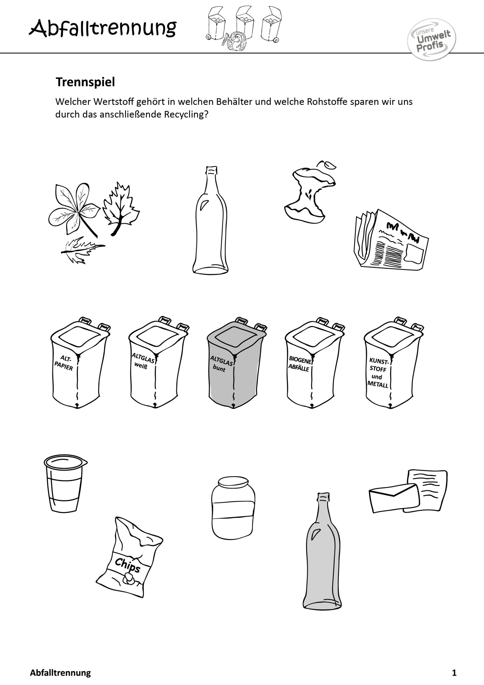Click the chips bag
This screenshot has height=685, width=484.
pyautogui.click(x=129, y=557)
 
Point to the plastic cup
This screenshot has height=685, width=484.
pyautogui.click(x=65, y=483)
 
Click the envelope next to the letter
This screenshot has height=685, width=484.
pyautogui.click(x=394, y=498)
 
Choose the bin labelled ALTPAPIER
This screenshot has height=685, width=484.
pyautogui.click(x=79, y=363)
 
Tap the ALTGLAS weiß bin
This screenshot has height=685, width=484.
pyautogui.click(x=157, y=362)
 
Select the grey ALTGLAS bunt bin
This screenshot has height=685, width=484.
pyautogui.click(x=236, y=363)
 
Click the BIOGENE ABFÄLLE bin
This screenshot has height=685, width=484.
pyautogui.click(x=314, y=363)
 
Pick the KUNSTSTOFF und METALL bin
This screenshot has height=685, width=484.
pyautogui.click(x=393, y=363)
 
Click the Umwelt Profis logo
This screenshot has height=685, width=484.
pyautogui.click(x=432, y=39)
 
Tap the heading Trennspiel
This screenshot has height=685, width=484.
pyautogui.click(x=85, y=82)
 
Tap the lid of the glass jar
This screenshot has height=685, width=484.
pyautogui.click(x=233, y=482)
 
